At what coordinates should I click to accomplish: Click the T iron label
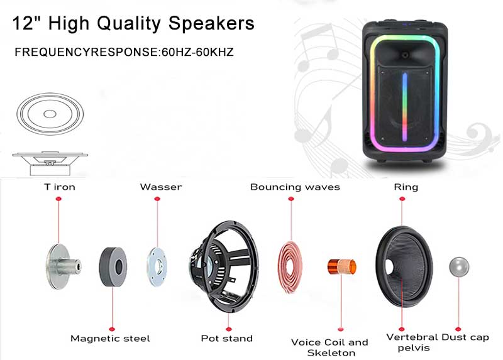60,187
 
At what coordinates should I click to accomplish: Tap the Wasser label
161,187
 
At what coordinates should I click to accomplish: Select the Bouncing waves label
295,187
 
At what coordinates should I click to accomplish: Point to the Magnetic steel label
110,339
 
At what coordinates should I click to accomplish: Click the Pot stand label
227,338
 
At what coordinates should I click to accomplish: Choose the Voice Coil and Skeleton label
329,347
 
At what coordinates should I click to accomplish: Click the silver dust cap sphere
459,267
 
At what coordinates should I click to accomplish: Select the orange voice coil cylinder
341,266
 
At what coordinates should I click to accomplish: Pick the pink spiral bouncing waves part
290,267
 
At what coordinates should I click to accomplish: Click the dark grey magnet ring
113,267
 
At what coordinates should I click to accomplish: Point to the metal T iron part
63,266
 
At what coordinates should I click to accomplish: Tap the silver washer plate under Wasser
157,267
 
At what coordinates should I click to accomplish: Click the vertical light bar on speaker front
405,107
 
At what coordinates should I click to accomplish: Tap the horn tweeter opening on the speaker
405,55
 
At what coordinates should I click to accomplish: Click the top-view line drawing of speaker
50,114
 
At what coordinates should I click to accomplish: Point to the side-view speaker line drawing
50,163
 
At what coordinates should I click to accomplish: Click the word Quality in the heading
129,24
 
